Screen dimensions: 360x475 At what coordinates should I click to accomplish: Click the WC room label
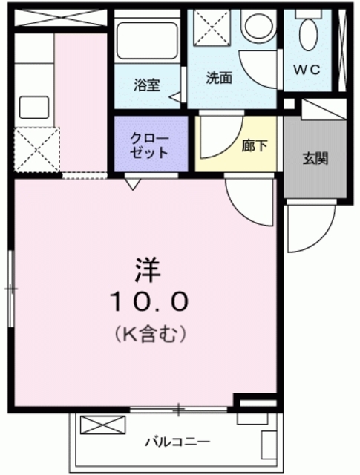tap(307, 70)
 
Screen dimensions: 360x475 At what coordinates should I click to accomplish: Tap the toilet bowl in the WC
tap(309, 35)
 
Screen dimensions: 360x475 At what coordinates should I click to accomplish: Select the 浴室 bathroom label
tap(147, 85)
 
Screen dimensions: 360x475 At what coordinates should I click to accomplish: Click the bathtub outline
tap(147, 42)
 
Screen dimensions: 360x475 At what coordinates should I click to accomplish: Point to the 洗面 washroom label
tap(219, 78)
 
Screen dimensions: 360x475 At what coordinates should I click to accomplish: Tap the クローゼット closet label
tap(149, 146)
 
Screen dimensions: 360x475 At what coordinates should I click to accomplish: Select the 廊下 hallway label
tap(255, 146)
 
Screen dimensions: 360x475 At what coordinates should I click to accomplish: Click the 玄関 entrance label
tap(315, 158)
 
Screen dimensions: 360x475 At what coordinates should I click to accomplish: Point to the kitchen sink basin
tap(34, 107)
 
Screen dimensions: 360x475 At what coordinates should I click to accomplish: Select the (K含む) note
tap(150, 333)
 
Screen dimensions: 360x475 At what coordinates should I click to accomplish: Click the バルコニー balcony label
tap(177, 442)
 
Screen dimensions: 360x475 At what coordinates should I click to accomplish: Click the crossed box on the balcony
tap(102, 425)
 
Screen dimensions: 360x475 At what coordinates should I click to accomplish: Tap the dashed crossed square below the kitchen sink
tap(36, 150)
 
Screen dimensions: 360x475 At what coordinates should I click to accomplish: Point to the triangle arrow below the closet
tap(133, 184)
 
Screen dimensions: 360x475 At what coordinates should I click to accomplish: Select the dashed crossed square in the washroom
tap(212, 27)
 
